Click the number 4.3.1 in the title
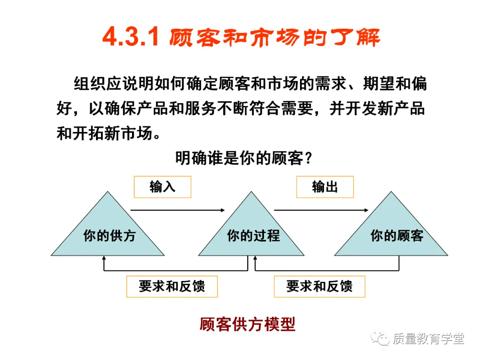click(130, 38)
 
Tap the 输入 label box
click(162, 187)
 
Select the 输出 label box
click(325, 187)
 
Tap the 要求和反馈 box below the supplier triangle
click(172, 287)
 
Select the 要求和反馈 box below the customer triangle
click(320, 287)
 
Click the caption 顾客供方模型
click(247, 324)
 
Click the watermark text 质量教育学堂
click(428, 339)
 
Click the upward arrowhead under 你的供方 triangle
click(104, 258)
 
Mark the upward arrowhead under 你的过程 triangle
click(255, 258)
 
